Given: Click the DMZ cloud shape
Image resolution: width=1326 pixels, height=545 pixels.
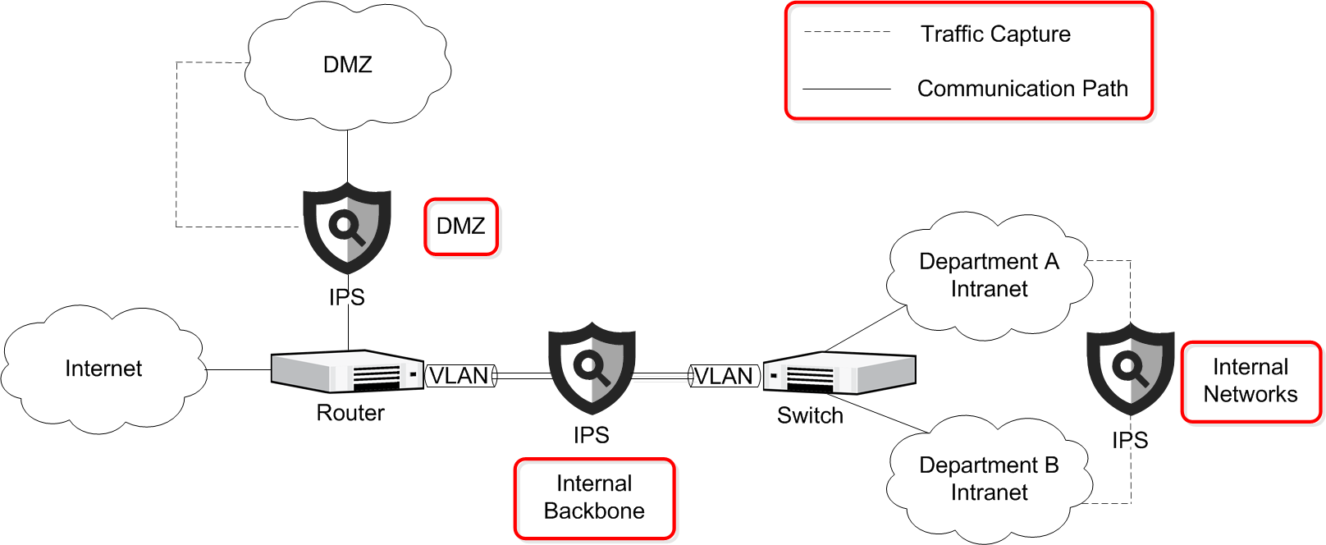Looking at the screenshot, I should (348, 66).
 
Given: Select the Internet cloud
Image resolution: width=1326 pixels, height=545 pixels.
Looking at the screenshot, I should (103, 369).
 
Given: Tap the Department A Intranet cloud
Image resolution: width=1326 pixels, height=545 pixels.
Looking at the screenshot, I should (989, 275).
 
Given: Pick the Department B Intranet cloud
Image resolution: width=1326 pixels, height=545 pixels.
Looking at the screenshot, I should (989, 479).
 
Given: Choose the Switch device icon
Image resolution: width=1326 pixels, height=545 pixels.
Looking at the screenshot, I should (839, 374).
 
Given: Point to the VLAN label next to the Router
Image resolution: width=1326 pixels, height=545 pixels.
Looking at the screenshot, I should (460, 376).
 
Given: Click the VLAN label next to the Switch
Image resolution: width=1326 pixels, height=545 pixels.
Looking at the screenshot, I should (724, 376).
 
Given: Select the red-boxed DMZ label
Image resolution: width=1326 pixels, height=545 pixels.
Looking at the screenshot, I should (461, 227).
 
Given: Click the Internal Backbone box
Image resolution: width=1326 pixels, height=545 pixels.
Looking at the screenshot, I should (595, 498).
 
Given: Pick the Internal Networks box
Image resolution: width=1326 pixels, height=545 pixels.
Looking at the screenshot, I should (1251, 382).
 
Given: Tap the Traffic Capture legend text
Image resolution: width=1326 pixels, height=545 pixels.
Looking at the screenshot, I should (995, 34).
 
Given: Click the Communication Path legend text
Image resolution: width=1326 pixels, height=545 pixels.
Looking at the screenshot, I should (1022, 89).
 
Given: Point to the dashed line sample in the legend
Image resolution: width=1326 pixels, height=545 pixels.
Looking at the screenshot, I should (847, 32).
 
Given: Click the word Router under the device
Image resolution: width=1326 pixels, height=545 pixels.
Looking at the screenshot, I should (350, 413).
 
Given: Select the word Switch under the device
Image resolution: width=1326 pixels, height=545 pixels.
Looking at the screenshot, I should (810, 416).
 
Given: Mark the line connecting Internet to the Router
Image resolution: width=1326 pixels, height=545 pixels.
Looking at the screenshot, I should (238, 370).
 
